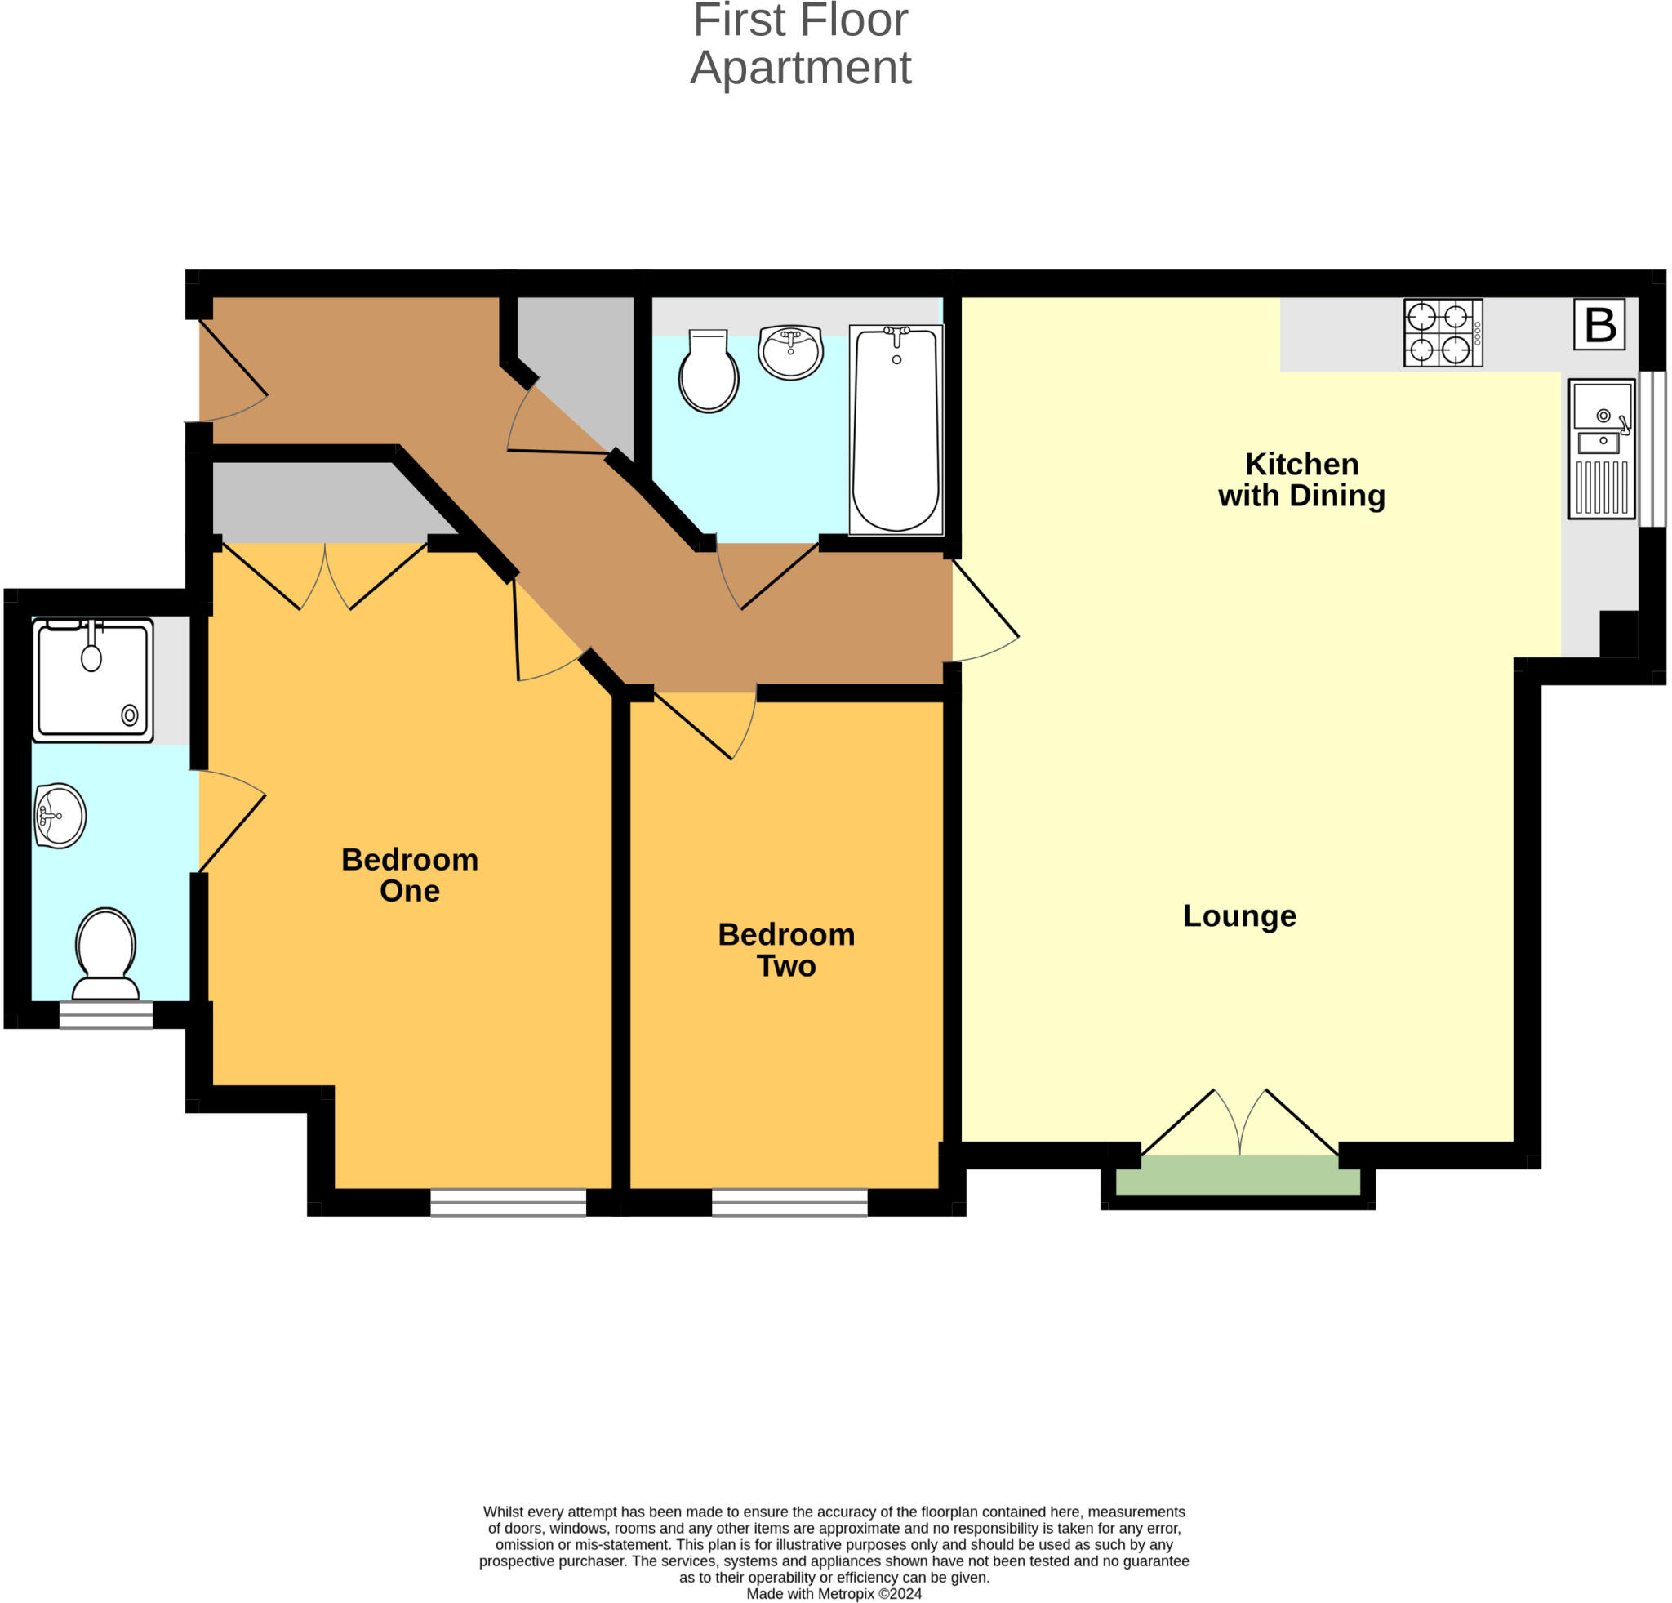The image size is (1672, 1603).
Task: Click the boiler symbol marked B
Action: pyautogui.click(x=1599, y=324)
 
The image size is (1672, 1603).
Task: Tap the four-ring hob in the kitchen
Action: pyautogui.click(x=1443, y=332)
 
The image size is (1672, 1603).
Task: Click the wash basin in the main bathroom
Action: pyautogui.click(x=790, y=351)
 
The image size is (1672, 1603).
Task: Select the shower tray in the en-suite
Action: pyautogui.click(x=93, y=680)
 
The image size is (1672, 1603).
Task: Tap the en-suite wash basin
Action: pyautogui.click(x=60, y=816)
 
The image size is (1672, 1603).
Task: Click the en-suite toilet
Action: pyautogui.click(x=105, y=954)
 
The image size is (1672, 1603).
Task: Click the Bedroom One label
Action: pyautogui.click(x=410, y=875)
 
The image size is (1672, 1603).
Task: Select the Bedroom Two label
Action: pyautogui.click(x=785, y=950)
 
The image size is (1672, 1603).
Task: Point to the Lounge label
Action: pyautogui.click(x=1238, y=915)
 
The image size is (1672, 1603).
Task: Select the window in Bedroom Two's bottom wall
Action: pyautogui.click(x=789, y=1202)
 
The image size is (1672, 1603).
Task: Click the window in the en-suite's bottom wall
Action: pyautogui.click(x=106, y=1014)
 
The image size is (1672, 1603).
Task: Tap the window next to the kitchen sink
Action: pyautogui.click(x=1652, y=449)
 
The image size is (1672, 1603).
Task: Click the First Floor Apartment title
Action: pyautogui.click(x=800, y=44)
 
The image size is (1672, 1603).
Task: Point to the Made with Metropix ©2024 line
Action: pyautogui.click(x=834, y=1592)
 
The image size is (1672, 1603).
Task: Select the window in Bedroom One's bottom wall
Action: pyautogui.click(x=508, y=1202)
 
